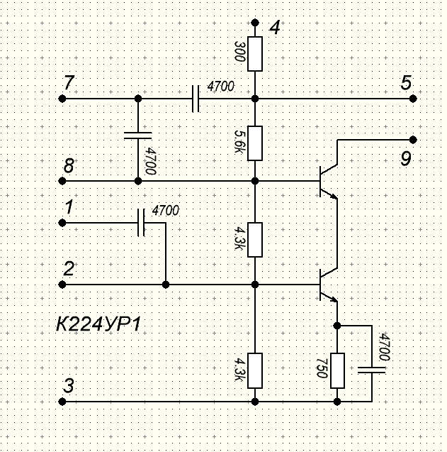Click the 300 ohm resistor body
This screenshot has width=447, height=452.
pyautogui.click(x=255, y=54)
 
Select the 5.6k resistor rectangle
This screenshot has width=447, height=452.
pyautogui.click(x=255, y=143)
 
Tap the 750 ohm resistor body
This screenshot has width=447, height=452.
pyautogui.click(x=337, y=370)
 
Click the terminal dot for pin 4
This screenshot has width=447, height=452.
pyautogui.click(x=255, y=23)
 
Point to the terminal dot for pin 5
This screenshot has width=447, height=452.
pyautogui.click(x=413, y=99)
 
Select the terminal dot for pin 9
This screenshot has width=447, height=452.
pyautogui.click(x=413, y=140)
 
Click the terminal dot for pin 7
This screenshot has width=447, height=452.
pyautogui.click(x=62, y=99)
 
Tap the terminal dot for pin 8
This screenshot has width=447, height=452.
pyautogui.click(x=62, y=181)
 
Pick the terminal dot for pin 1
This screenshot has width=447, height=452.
pyautogui.click(x=62, y=223)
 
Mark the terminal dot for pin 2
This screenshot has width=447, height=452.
pyautogui.click(x=62, y=285)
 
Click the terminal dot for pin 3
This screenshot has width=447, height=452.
pyautogui.click(x=62, y=402)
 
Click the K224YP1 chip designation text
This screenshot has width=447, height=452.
pyautogui.click(x=98, y=324)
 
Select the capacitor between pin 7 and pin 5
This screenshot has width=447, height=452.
pyautogui.click(x=196, y=99)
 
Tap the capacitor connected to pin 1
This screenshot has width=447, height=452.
pyautogui.click(x=141, y=223)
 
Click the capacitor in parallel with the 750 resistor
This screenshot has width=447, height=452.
pyautogui.click(x=371, y=370)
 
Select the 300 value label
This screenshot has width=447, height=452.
pyautogui.click(x=239, y=51)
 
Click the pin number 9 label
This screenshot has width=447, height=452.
pyautogui.click(x=406, y=158)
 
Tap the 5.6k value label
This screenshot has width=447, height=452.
pyautogui.click(x=239, y=142)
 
